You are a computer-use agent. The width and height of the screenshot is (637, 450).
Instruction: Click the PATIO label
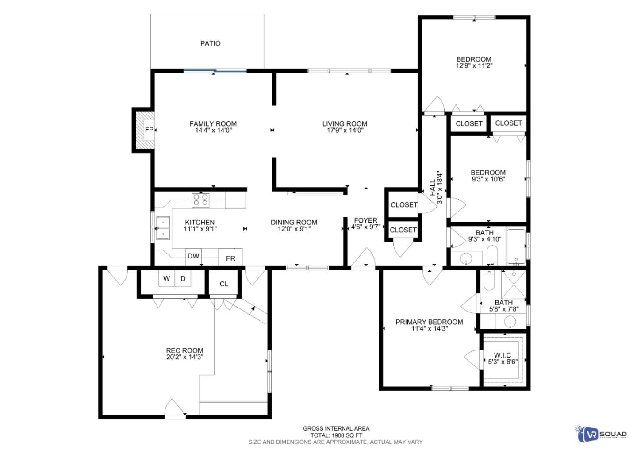point(210,43)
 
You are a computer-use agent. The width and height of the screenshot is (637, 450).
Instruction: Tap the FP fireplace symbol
point(149,130)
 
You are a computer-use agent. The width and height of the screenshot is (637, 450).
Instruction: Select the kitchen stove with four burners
point(200,200)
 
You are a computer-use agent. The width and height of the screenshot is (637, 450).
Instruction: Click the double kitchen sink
point(163,227)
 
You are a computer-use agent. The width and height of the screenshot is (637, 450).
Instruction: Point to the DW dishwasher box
point(193,256)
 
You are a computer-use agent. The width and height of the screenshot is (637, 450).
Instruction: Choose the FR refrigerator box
point(230,258)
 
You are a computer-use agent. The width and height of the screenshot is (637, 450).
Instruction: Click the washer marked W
point(167,279)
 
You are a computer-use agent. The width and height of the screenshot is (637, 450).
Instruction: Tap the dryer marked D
point(183,279)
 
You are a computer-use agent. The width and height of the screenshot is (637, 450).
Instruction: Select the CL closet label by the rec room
point(224,284)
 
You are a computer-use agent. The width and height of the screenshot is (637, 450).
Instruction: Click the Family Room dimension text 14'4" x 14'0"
point(213,131)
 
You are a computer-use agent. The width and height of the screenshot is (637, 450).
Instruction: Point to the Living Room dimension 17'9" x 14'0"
point(345,131)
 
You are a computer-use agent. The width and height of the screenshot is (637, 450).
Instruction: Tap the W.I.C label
point(503,355)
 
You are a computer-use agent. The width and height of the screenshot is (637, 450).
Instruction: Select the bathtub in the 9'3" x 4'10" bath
point(516,246)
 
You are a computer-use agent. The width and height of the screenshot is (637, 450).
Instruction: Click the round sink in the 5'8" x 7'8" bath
point(510,322)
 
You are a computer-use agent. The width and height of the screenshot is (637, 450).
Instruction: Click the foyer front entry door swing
point(364,258)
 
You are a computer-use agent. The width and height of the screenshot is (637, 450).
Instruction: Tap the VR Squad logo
point(601,434)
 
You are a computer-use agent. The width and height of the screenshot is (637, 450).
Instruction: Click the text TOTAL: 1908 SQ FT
point(336,435)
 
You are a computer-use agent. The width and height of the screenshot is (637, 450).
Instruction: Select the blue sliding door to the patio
point(215,70)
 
